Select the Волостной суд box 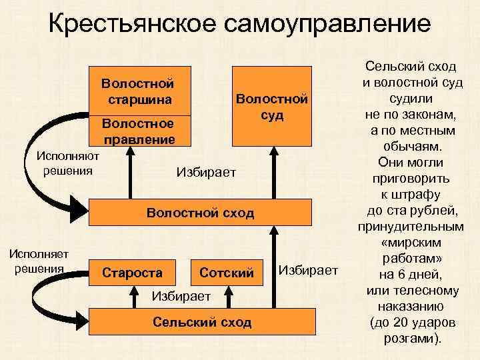pos(271,106)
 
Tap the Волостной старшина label pos(138,92)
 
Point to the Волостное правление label pos(138,131)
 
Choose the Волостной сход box pos(200,213)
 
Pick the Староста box pos(132,272)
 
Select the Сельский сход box pos(202,323)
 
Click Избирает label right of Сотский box pos(309,270)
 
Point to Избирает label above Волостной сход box pos(207,172)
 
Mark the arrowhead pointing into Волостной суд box pos(271,151)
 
